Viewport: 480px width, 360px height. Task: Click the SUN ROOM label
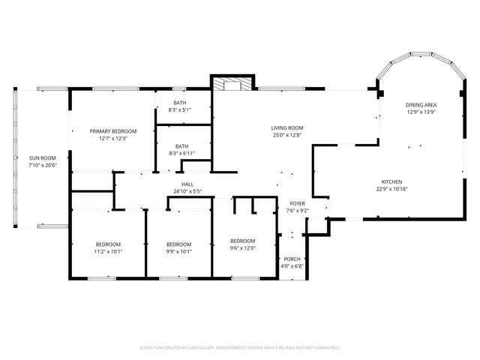click(43, 157)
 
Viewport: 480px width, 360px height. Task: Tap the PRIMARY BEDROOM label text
click(113, 130)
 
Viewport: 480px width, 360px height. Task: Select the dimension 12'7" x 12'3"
click(113, 138)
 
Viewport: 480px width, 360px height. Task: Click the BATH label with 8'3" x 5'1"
click(180, 103)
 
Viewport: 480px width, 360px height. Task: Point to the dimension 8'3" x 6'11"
click(181, 154)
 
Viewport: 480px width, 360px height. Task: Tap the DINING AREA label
click(421, 105)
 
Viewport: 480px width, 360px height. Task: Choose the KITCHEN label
click(392, 181)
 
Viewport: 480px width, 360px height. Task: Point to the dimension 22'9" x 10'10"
click(392, 189)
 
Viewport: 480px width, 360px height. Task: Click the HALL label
click(187, 184)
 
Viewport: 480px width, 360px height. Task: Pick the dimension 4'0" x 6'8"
click(292, 265)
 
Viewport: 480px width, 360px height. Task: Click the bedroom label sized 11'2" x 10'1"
click(108, 244)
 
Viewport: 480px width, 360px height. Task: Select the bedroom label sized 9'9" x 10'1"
click(178, 244)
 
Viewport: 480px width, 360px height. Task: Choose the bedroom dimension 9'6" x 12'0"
click(243, 248)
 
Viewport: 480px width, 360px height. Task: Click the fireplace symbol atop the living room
click(233, 84)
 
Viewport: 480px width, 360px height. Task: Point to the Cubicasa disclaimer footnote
click(240, 348)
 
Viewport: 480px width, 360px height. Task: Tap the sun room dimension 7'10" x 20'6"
click(43, 165)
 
